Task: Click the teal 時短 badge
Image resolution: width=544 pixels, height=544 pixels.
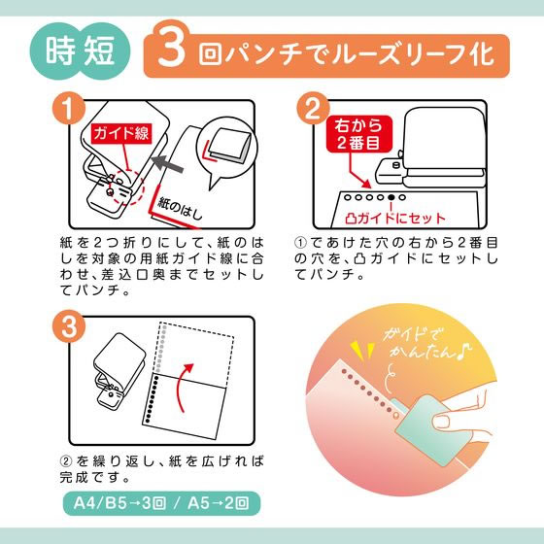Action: pyautogui.click(x=80, y=51)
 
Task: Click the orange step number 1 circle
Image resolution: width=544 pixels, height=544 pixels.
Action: pyautogui.click(x=69, y=108)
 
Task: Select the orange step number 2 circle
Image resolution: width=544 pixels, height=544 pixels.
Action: pyautogui.click(x=313, y=108)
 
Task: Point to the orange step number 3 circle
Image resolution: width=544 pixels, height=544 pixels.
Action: pyautogui.click(x=69, y=326)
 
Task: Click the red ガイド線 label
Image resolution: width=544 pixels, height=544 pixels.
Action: pyautogui.click(x=121, y=133)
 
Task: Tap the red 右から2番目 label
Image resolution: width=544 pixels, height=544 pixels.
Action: pyautogui.click(x=359, y=134)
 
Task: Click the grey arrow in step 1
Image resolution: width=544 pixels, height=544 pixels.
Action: pyautogui.click(x=168, y=164)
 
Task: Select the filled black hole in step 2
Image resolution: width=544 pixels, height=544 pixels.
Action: pyautogui.click(x=391, y=197)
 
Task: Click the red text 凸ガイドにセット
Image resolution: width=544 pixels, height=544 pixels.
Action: pyautogui.click(x=395, y=219)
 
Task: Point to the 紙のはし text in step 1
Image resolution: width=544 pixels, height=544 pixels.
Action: pyautogui.click(x=180, y=209)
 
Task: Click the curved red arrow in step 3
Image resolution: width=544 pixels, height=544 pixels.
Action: pyautogui.click(x=184, y=387)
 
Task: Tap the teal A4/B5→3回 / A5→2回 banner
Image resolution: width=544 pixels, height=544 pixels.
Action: pyautogui.click(x=161, y=503)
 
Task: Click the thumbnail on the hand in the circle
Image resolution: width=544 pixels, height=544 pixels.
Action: pyautogui.click(x=441, y=422)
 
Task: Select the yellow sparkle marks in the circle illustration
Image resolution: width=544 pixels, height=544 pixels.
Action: pyautogui.click(x=362, y=351)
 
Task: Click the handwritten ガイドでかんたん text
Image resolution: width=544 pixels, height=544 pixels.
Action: pyautogui.click(x=426, y=344)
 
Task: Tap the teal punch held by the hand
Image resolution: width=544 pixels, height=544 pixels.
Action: pyautogui.click(x=426, y=429)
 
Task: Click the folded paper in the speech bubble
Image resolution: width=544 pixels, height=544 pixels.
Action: pyautogui.click(x=229, y=145)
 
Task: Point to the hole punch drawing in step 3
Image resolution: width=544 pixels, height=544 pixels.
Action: pyautogui.click(x=119, y=370)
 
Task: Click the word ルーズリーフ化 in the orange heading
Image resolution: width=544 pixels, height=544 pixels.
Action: pyautogui.click(x=412, y=54)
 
